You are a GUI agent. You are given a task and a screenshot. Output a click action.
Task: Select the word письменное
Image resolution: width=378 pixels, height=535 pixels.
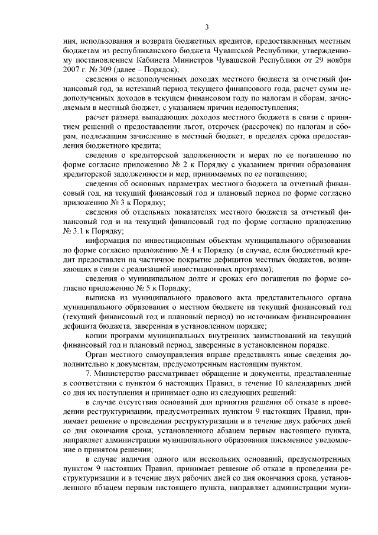pos(281,439)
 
